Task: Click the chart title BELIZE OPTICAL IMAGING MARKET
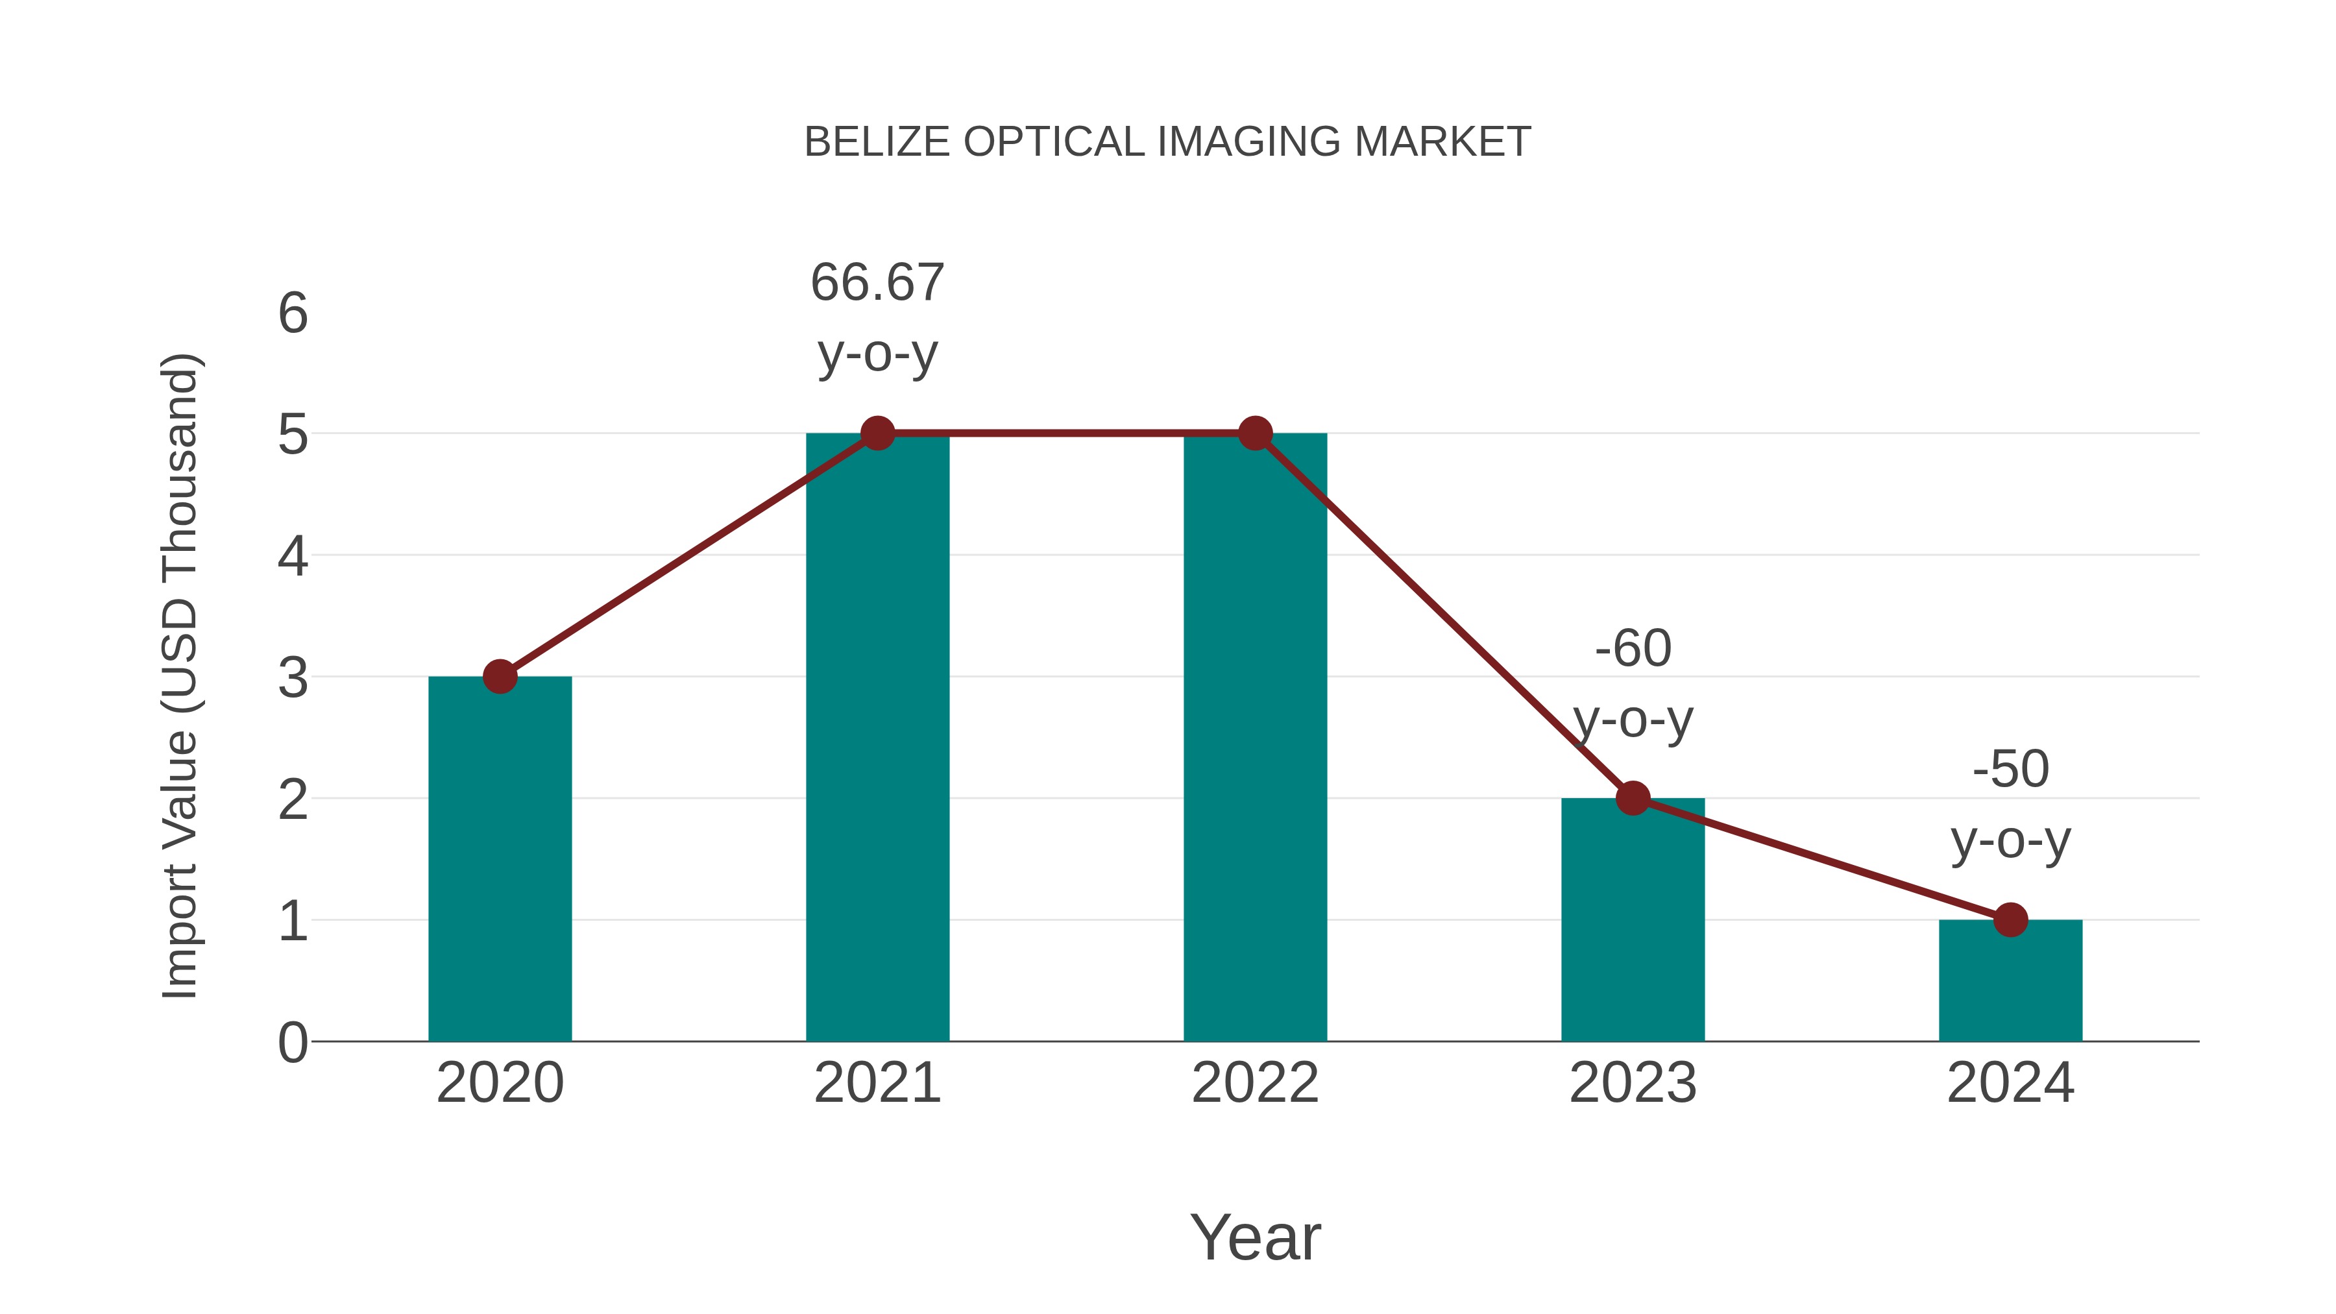click(1167, 142)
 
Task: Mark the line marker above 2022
click(1255, 433)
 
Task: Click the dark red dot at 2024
click(2010, 919)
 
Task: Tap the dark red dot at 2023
click(1633, 798)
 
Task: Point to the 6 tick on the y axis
click(293, 314)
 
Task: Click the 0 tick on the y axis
click(293, 1042)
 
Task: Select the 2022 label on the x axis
click(1255, 1083)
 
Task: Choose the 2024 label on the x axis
click(2010, 1083)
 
